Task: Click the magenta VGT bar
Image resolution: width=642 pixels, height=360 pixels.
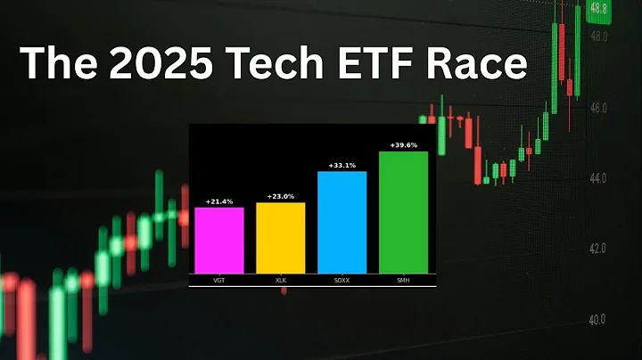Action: (218, 240)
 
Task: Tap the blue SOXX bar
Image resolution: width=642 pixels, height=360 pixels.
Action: (342, 222)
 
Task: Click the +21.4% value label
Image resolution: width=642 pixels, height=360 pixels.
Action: (218, 202)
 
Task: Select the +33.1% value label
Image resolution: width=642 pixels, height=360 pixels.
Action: (342, 166)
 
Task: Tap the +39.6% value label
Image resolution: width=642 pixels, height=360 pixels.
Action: (403, 145)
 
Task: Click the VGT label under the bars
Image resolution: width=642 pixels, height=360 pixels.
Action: (218, 280)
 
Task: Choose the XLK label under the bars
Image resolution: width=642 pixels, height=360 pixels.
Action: (280, 280)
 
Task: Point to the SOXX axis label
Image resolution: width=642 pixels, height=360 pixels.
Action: (342, 280)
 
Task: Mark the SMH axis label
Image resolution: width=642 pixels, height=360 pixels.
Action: (403, 280)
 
